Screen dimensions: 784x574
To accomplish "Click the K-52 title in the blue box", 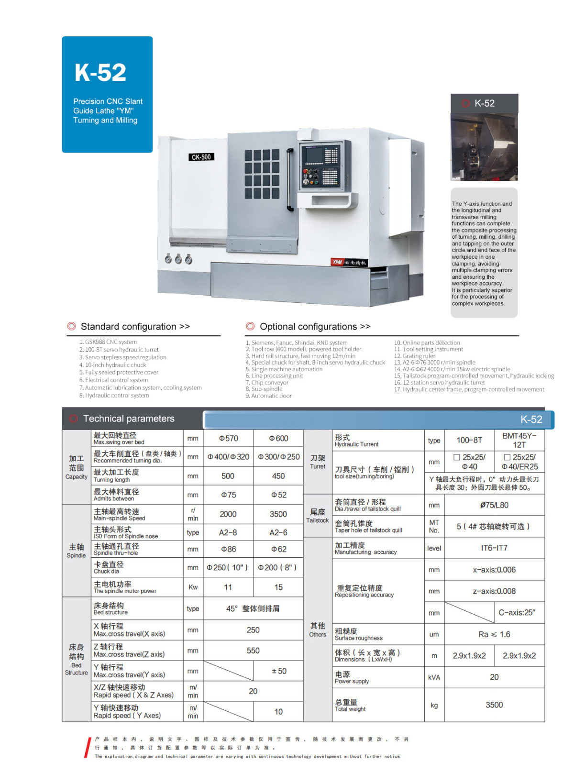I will pyautogui.click(x=100, y=72).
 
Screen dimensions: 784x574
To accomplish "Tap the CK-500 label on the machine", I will pyautogui.click(x=201, y=157).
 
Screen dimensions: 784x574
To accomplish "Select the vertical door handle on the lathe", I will pyautogui.click(x=289, y=180).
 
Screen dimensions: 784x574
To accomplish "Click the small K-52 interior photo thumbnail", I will pyautogui.click(x=484, y=147).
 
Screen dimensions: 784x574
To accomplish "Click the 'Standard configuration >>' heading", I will pyautogui.click(x=135, y=327).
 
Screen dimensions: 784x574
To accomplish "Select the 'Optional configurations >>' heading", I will pyautogui.click(x=315, y=327).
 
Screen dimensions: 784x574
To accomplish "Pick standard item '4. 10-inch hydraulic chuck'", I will pyautogui.click(x=113, y=365).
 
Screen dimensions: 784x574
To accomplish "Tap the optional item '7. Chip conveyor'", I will pyautogui.click(x=267, y=382).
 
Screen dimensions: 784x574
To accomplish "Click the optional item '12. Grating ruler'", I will pyautogui.click(x=415, y=356).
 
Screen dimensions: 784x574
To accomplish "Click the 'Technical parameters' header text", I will pyautogui.click(x=129, y=419).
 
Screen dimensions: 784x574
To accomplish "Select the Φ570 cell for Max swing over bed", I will pyautogui.click(x=228, y=438).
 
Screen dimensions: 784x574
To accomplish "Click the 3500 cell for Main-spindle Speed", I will pyautogui.click(x=278, y=514).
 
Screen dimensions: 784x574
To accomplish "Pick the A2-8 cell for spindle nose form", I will pyautogui.click(x=228, y=532).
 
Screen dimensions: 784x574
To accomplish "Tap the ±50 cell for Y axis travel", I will pyautogui.click(x=278, y=671).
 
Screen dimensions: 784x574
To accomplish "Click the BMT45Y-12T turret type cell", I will pyautogui.click(x=519, y=440).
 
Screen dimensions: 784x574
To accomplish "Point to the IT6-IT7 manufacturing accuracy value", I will pyautogui.click(x=494, y=548).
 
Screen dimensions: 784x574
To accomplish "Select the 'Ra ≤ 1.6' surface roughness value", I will pyautogui.click(x=494, y=634).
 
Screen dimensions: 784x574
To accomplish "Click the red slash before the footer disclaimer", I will pyautogui.click(x=88, y=748).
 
